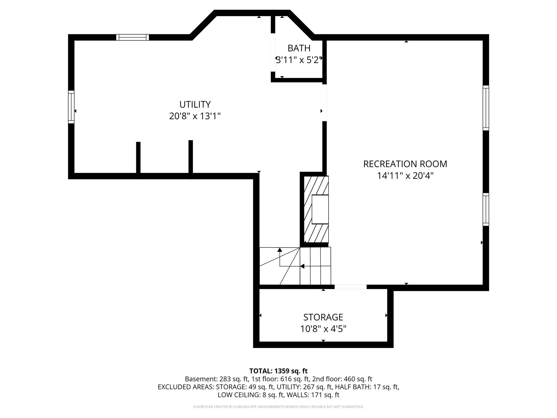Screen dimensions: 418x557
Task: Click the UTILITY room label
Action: (195, 104)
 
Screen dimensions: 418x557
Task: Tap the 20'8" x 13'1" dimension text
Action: (195, 116)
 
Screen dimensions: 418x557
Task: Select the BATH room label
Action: (299, 48)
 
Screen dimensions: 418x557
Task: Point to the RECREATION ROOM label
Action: (405, 164)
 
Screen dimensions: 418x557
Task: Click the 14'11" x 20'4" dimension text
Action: (405, 176)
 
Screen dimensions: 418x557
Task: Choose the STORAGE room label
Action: (323, 317)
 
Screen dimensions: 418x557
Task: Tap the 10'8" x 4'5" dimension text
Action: (323, 329)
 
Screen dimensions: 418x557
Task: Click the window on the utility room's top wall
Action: (132, 37)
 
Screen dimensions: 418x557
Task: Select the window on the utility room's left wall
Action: (71, 107)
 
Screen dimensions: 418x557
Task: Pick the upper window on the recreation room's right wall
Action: (486, 108)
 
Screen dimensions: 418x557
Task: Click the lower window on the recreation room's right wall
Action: (486, 210)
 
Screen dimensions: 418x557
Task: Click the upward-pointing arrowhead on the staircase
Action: (280, 250)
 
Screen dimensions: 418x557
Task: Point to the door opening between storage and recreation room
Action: (351, 287)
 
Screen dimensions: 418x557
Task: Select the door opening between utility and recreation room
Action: (324, 103)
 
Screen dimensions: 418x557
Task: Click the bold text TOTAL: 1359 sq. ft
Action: (278, 371)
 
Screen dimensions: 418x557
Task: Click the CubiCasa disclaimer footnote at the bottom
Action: (278, 407)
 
